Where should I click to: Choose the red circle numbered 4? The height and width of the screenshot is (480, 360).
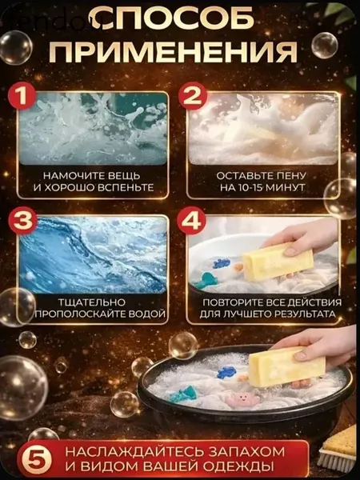point(193,221)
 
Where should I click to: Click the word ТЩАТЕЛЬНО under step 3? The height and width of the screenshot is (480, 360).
point(93,302)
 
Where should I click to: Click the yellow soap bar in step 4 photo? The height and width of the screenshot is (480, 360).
point(278,261)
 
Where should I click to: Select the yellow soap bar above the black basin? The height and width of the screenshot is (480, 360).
point(286,366)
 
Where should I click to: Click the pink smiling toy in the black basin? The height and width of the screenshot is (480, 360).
point(242,400)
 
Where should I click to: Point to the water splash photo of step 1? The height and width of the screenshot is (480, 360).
point(93,129)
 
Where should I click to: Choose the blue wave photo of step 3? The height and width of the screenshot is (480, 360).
point(93,254)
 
